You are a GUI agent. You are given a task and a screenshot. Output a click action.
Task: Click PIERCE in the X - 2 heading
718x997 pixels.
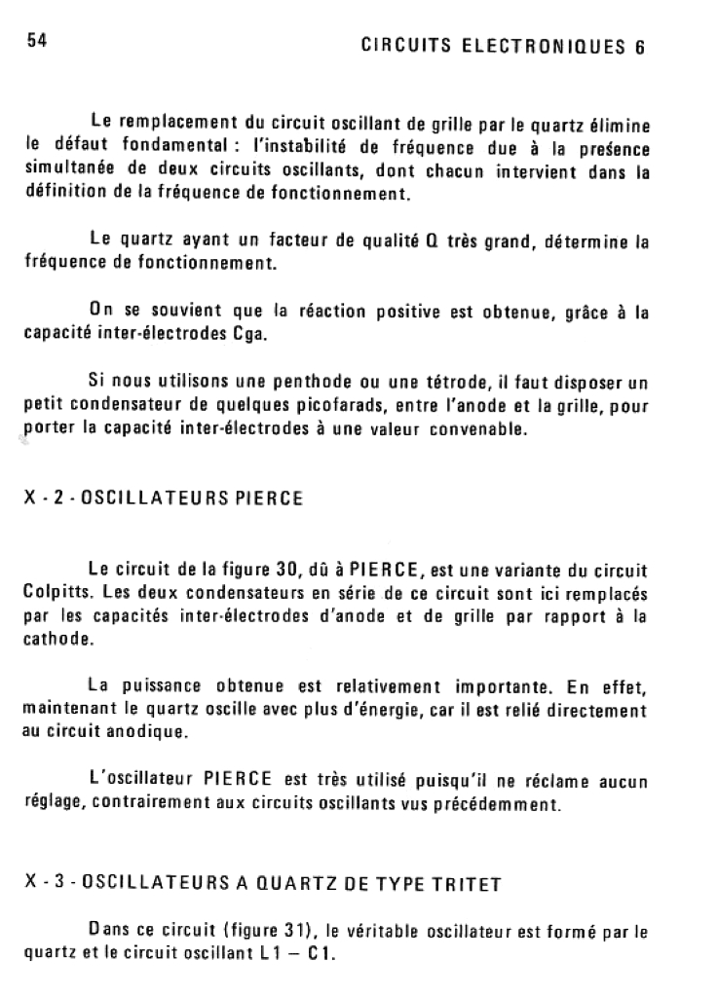(x=270, y=498)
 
